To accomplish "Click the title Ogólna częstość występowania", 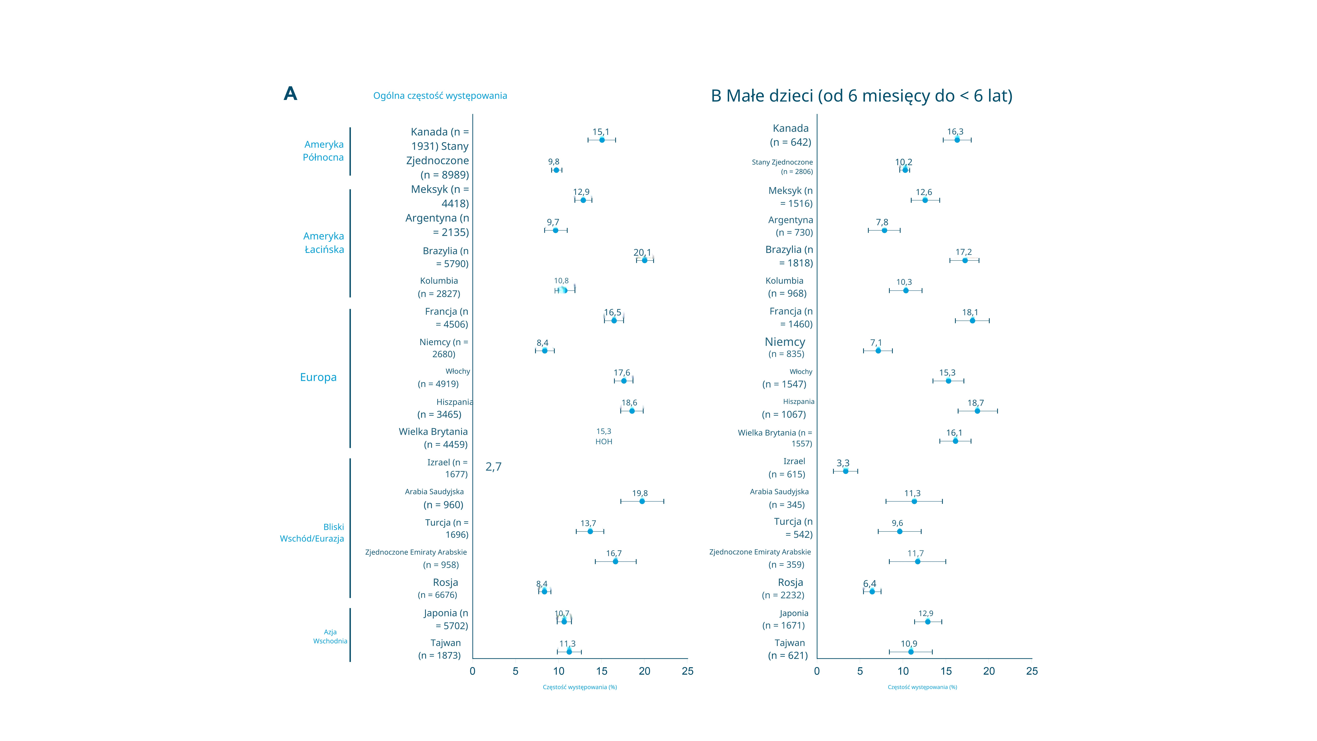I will click(440, 96).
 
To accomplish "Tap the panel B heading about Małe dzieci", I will click(861, 96).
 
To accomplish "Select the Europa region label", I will click(318, 377).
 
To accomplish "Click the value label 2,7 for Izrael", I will click(493, 466).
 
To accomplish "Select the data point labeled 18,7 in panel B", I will click(977, 411).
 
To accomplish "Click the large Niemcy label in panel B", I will click(785, 342).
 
